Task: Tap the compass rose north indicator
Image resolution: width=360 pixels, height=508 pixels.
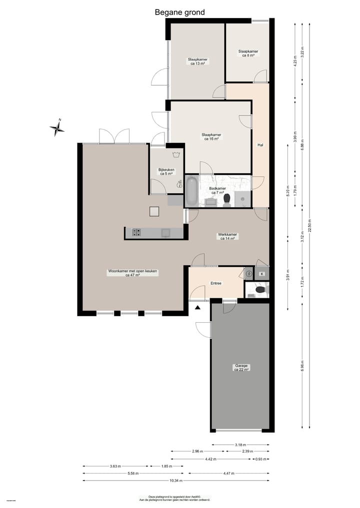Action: pos(57,129)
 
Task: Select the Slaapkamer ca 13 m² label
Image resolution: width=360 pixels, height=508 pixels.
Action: pos(197,61)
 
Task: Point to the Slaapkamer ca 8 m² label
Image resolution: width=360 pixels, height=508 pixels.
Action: pos(248,53)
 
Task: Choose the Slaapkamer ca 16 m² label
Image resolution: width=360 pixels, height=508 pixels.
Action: pos(211,136)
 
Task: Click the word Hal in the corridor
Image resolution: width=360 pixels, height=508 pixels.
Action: pos(260,145)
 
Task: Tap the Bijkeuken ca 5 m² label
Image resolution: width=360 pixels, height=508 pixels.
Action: pos(166,172)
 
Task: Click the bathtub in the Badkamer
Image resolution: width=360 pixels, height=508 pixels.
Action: pos(191,191)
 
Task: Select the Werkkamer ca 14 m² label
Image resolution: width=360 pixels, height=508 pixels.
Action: pos(227,236)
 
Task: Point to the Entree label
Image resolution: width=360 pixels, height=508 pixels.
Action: pos(216,283)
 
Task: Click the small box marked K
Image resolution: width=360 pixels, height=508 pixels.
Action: pos(261,273)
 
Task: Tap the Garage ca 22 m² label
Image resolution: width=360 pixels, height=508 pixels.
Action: pos(241,368)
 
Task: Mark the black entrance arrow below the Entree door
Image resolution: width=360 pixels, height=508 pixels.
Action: pos(198,308)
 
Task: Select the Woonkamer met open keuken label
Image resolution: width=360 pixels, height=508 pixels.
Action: pos(133,273)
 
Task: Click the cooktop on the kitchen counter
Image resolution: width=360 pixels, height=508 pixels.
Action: pos(136,232)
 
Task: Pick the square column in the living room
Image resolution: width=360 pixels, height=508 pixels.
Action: pos(154,212)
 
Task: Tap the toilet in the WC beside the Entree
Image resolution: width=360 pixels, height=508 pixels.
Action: pos(259,289)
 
